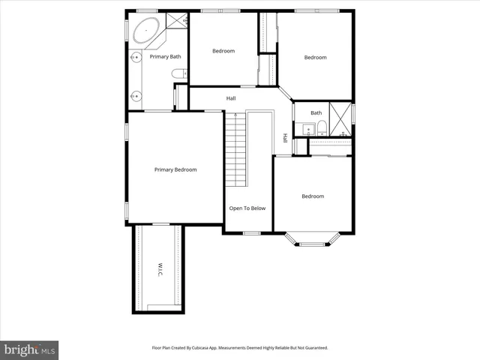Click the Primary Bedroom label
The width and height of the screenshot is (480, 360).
click(x=175, y=169)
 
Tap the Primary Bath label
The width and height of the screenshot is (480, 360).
click(x=165, y=57)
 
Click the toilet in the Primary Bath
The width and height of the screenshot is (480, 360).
click(x=178, y=73)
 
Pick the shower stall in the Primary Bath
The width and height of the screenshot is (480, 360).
click(x=176, y=20)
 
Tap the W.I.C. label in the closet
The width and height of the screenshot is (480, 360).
click(x=160, y=270)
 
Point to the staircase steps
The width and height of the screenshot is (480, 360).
click(x=235, y=150)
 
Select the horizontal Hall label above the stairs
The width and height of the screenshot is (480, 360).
click(x=232, y=98)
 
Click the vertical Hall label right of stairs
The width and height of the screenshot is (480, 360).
click(x=285, y=138)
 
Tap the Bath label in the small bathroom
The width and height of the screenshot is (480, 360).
click(x=316, y=113)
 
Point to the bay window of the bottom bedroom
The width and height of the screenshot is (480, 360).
click(x=312, y=238)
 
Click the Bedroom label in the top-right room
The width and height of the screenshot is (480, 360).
click(x=315, y=57)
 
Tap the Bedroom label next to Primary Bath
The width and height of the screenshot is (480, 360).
click(x=223, y=51)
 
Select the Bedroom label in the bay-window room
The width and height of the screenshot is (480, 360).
click(x=313, y=196)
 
